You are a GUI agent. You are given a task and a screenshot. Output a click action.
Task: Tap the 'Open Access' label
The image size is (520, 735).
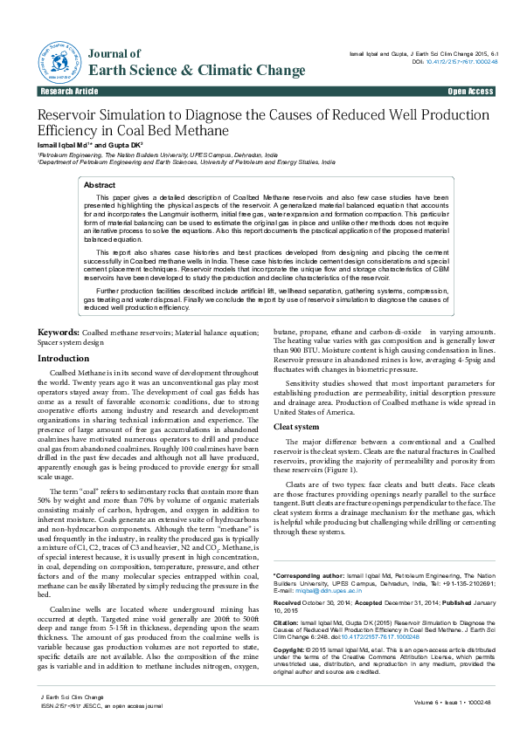pyautogui.click(x=471, y=92)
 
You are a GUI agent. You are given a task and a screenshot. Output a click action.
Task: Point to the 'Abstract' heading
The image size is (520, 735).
pyautogui.click(x=100, y=186)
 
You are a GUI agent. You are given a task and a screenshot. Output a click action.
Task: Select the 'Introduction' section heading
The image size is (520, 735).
pyautogui.click(x=64, y=359)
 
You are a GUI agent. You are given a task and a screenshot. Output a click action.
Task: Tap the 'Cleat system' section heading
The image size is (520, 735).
pyautogui.click(x=296, y=427)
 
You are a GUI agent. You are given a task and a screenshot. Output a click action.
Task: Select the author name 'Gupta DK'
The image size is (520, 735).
pyautogui.click(x=121, y=146)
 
